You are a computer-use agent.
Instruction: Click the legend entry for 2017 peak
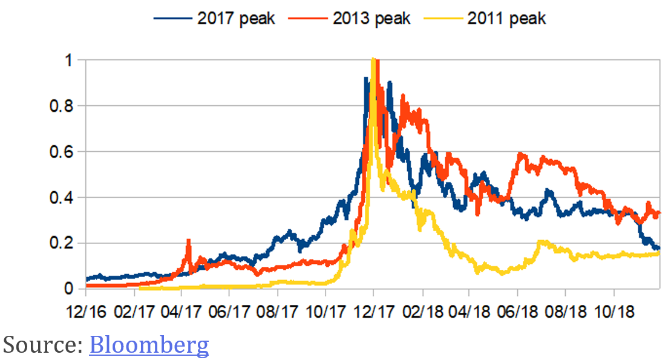[x=236, y=18]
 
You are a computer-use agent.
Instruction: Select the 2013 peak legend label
[x=372, y=18]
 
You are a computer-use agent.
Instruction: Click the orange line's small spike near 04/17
[x=188, y=241]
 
